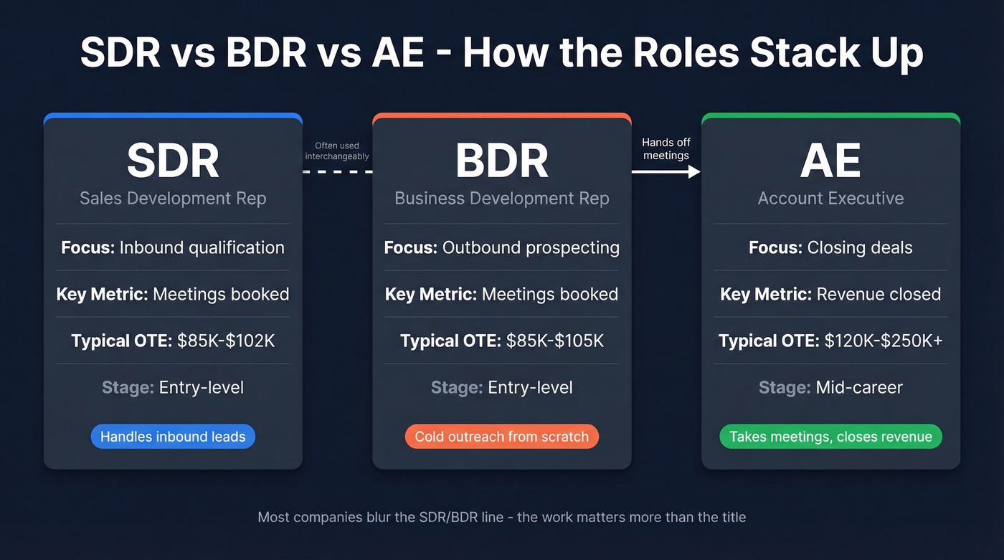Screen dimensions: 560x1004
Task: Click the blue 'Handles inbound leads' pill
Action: point(173,437)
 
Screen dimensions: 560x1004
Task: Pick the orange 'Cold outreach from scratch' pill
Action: point(501,437)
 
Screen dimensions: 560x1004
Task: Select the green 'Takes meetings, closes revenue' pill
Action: point(830,437)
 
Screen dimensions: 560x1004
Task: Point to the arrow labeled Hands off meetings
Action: point(666,171)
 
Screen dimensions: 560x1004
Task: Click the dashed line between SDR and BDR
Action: point(337,171)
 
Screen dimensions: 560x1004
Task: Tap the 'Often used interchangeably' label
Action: point(337,151)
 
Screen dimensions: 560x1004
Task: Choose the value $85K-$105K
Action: point(555,341)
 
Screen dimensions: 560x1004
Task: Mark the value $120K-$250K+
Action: point(884,341)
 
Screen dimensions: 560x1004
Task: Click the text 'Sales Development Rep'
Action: point(173,199)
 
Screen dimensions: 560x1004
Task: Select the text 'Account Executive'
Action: point(830,199)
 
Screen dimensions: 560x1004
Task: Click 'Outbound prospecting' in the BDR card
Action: point(531,247)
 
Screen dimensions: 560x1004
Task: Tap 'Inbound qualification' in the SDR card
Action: point(202,247)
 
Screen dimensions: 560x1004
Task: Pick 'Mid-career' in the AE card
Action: point(859,387)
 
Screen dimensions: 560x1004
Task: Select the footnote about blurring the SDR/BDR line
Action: point(501,516)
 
